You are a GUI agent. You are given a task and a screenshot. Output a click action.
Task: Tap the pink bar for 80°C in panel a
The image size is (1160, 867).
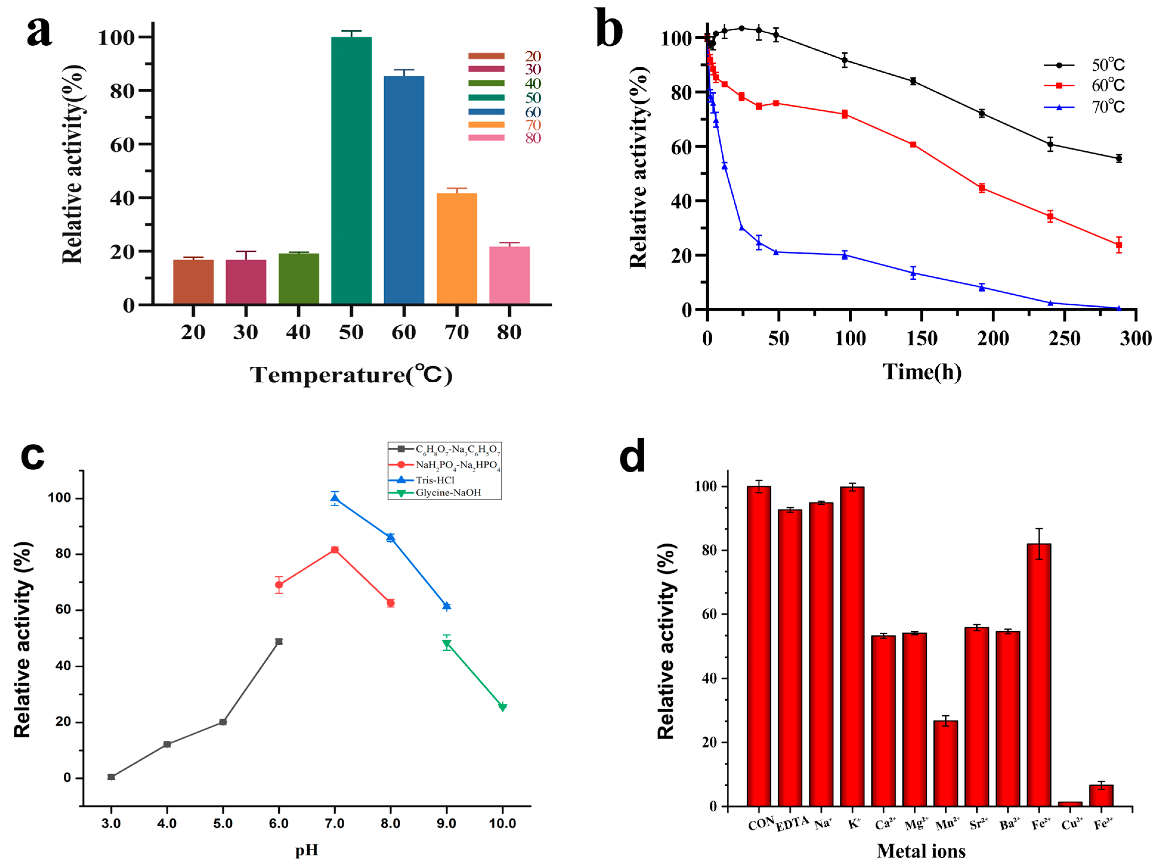[509, 275]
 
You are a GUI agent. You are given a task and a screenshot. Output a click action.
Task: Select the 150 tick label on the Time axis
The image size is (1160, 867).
[922, 339]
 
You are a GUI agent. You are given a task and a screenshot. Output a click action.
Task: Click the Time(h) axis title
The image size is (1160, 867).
[922, 372]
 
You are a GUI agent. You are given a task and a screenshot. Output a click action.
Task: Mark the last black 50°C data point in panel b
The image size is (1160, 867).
[1119, 158]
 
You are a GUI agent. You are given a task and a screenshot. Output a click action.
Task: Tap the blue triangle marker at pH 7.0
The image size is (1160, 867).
[334, 498]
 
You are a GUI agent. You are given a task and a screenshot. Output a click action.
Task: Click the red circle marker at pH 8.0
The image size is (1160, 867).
[391, 603]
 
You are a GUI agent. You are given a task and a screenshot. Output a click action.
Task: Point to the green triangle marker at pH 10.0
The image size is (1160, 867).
[502, 707]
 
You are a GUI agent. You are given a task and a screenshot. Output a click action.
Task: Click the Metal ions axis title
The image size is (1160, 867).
[921, 851]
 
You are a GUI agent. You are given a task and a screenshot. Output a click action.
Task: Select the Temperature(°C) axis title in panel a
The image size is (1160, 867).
[351, 375]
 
